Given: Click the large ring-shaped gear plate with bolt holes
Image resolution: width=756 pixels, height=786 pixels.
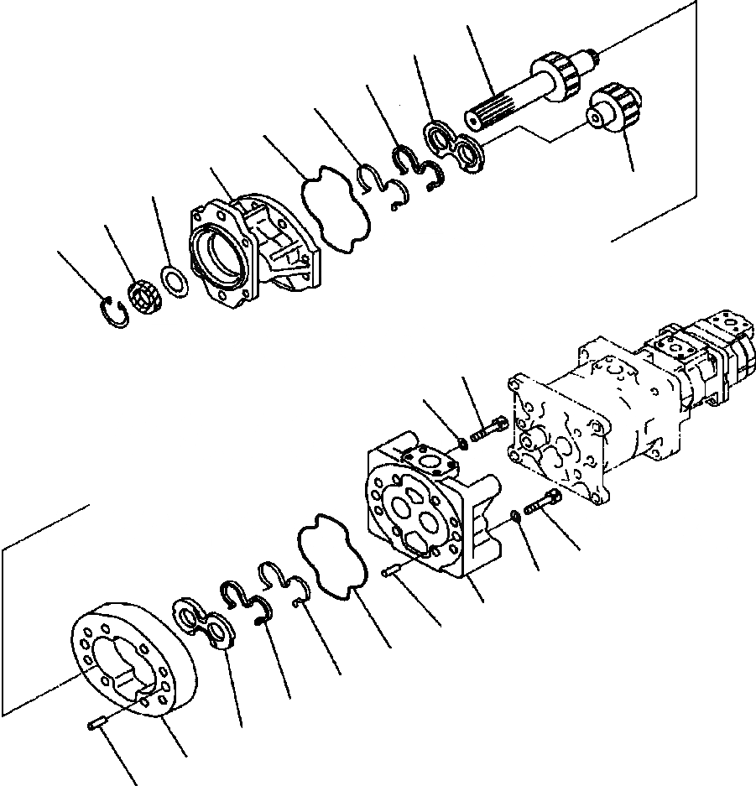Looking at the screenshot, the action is pyautogui.click(x=134, y=664).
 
